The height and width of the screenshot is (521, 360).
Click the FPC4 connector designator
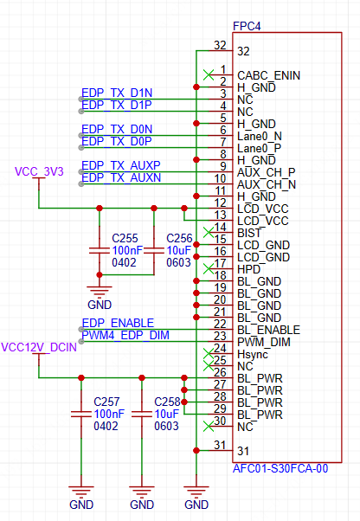tap(247, 26)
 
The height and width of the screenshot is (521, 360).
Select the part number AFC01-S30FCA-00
tap(280, 468)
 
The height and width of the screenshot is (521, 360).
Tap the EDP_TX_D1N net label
tap(117, 93)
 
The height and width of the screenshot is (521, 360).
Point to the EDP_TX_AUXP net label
tap(121, 165)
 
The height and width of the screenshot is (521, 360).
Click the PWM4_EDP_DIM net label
tap(125, 335)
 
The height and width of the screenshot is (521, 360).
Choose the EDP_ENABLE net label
tap(118, 323)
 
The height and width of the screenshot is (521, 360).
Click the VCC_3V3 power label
tap(39, 171)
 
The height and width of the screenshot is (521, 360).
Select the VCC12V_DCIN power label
tap(39, 348)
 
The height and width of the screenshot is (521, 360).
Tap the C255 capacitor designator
tap(125, 238)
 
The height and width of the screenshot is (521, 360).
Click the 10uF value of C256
tap(178, 250)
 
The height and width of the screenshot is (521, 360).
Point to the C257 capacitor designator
tap(106, 402)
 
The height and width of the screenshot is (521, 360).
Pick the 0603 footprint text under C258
tap(166, 426)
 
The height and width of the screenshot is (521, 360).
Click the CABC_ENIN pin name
tap(268, 76)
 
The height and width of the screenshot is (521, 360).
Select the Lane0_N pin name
tap(260, 136)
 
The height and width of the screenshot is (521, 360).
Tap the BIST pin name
tap(249, 234)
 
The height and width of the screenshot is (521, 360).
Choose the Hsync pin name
tap(253, 355)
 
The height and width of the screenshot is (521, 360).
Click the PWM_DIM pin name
tap(264, 342)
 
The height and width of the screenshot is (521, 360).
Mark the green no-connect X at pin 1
tap(209, 75)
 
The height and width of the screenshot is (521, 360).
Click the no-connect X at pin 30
tap(209, 427)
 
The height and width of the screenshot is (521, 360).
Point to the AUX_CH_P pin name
tap(267, 172)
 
